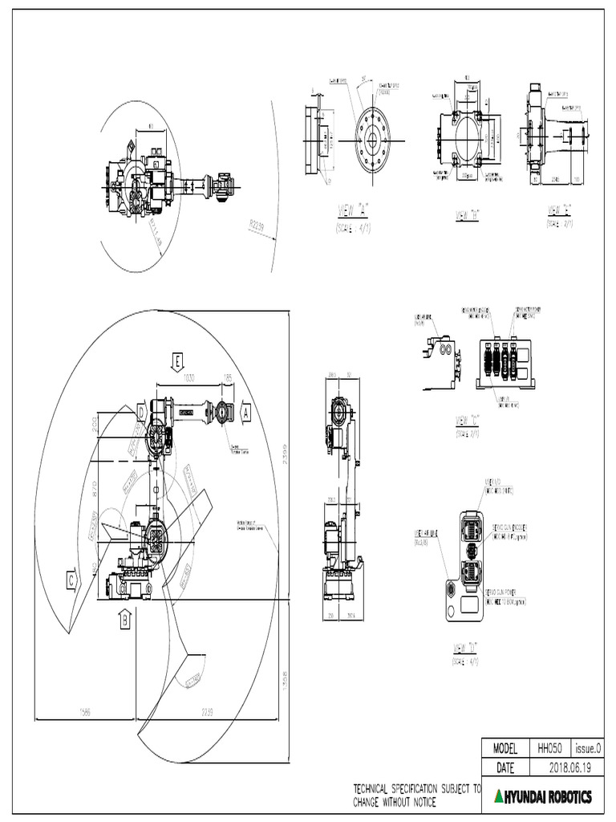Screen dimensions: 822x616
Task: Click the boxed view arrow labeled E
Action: pos(176,361)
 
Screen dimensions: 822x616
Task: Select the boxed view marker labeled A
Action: pos(246,412)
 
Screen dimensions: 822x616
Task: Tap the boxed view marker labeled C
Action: pos(72,579)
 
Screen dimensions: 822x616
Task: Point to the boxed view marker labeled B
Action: pos(124,619)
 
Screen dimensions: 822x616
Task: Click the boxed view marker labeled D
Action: pos(141,412)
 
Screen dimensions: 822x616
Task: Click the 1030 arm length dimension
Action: pos(189,377)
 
